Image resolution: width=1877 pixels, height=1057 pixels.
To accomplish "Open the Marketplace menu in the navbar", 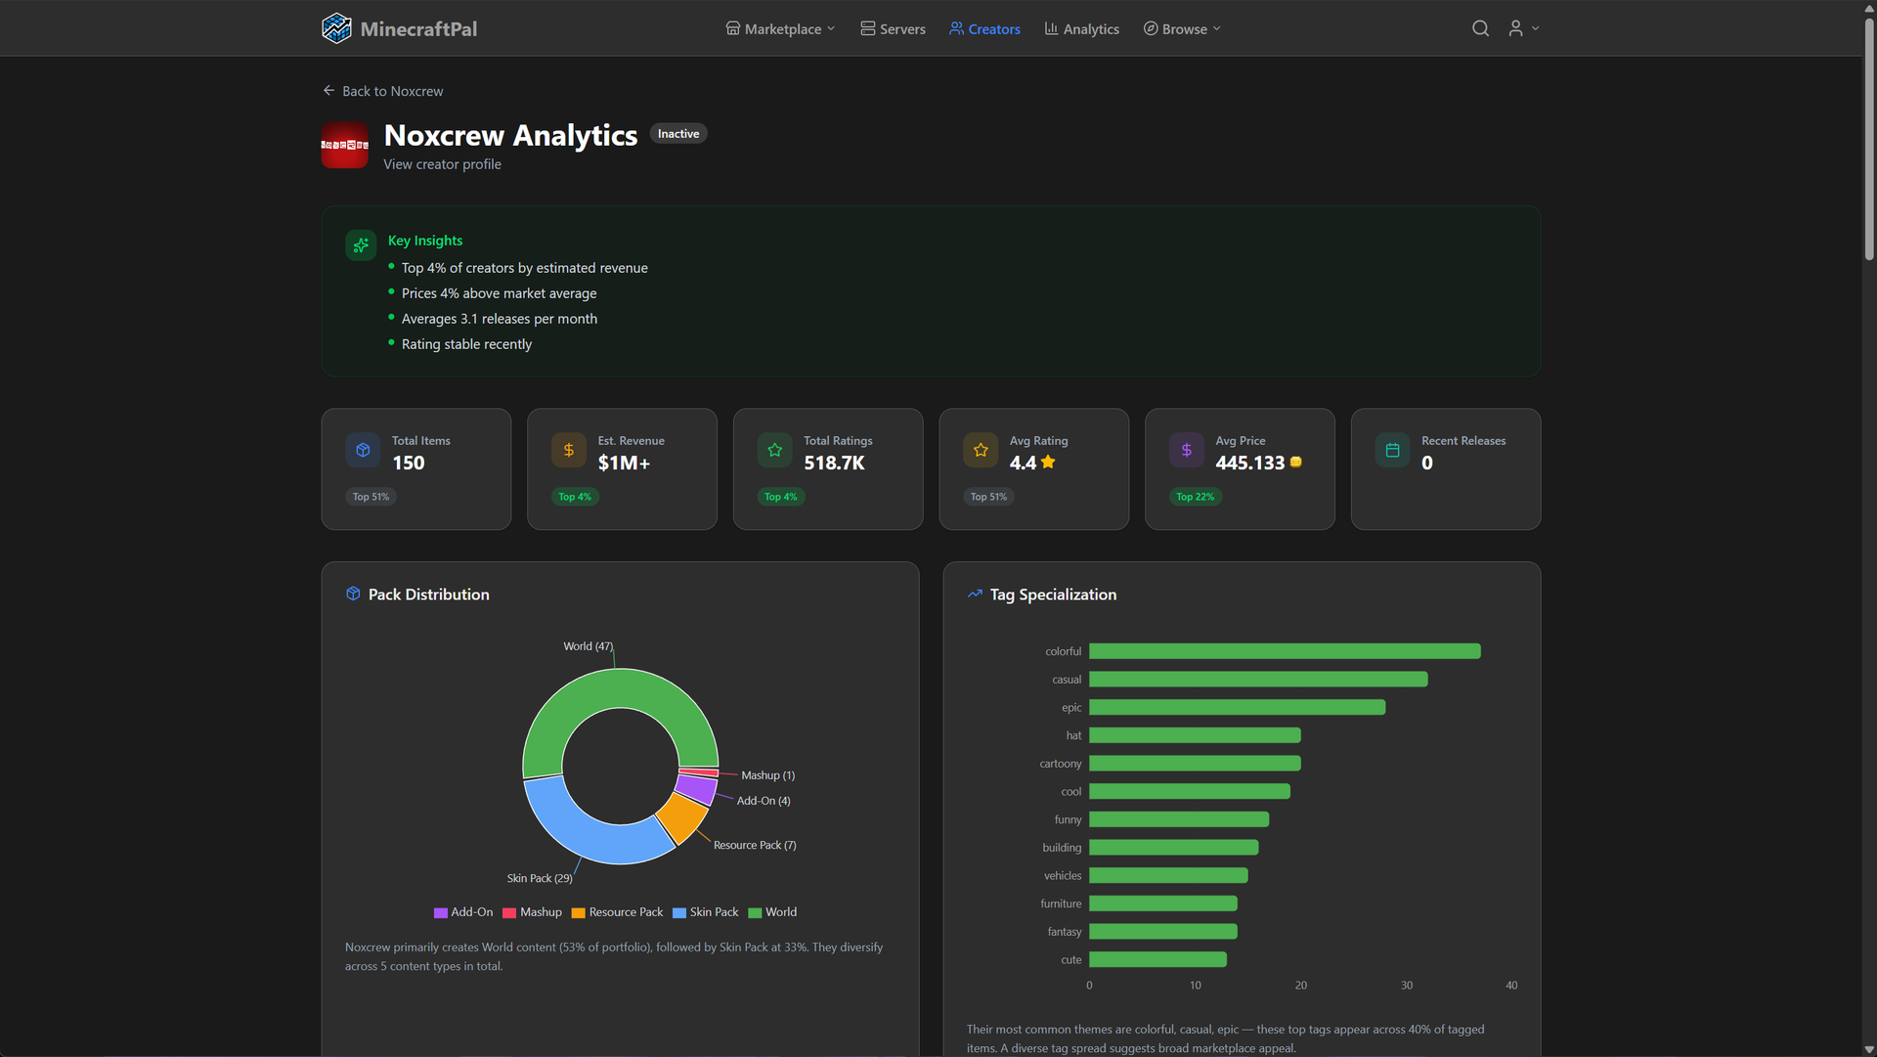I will [x=780, y=29].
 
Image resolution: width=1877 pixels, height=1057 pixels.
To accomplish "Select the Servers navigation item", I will [x=893, y=29].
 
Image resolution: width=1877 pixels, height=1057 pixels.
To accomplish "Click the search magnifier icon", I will [x=1480, y=28].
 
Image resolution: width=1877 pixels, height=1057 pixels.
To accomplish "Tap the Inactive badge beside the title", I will [x=678, y=134].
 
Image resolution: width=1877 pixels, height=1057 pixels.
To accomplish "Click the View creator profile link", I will [x=442, y=164].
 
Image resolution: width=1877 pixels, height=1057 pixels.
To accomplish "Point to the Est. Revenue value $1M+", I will [x=624, y=463].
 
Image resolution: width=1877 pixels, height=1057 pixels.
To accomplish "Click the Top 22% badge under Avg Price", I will [x=1195, y=497].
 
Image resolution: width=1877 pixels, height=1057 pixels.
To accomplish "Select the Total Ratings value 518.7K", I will [x=834, y=463].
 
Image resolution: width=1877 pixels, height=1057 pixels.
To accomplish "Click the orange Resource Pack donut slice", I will [x=682, y=816].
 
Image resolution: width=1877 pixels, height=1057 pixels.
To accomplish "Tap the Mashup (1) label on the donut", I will [x=767, y=775].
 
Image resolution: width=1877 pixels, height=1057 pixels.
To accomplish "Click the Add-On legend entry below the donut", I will [x=463, y=912].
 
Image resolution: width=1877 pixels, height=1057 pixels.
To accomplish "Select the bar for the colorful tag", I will [x=1284, y=651].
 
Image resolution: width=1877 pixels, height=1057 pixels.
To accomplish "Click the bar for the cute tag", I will [x=1157, y=960].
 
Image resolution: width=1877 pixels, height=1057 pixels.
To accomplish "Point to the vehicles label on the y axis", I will [x=1062, y=876].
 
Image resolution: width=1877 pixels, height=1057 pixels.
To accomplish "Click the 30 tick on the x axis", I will [x=1406, y=986].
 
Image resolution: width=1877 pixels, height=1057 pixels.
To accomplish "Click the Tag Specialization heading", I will [x=1052, y=595].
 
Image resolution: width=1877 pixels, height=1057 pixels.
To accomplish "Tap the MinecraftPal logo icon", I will [x=336, y=28].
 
